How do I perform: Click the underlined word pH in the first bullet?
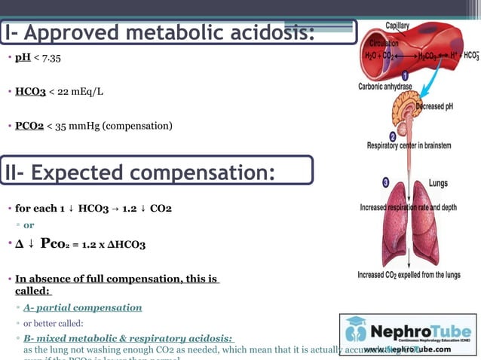(23, 58)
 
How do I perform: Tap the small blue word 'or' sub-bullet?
(29, 224)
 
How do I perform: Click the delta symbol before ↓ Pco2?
(18, 244)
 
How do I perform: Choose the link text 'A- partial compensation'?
(82, 307)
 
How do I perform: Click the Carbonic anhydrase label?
(385, 87)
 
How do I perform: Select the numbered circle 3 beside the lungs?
(386, 182)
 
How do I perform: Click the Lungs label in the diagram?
(438, 183)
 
